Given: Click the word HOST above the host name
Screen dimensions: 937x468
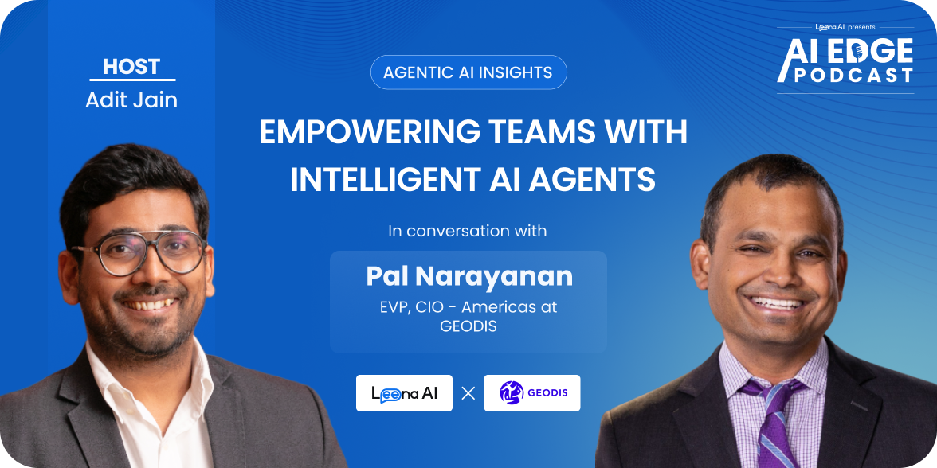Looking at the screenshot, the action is (x=131, y=66).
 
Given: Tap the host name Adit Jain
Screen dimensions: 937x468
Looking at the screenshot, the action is (x=131, y=100).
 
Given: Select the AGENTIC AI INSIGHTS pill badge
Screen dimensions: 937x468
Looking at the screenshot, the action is (x=468, y=72).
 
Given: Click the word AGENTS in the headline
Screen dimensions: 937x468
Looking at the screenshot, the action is (x=590, y=180).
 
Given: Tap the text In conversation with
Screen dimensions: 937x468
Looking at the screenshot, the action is (x=468, y=231).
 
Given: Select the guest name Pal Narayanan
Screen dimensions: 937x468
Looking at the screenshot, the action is (x=469, y=276).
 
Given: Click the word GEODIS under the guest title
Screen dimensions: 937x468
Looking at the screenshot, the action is (x=468, y=327).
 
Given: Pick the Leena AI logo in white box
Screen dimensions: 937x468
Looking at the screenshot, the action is (x=404, y=393).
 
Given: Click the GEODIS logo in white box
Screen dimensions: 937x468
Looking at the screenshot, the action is (x=532, y=393).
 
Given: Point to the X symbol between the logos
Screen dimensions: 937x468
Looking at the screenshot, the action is (x=468, y=393).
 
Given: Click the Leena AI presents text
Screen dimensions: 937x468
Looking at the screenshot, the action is (x=845, y=27).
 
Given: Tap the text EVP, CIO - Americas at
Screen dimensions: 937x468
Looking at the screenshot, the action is (x=468, y=308).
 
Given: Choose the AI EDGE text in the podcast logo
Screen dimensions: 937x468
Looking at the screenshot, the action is (x=845, y=53).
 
